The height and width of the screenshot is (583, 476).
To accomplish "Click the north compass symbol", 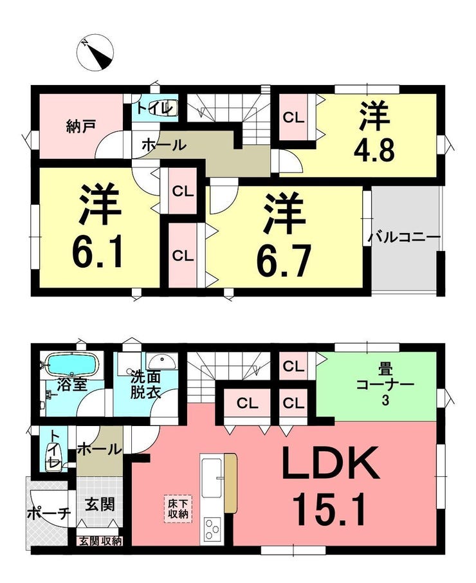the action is pos(95,53).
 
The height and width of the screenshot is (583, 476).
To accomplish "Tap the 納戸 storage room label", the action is pos(81,126).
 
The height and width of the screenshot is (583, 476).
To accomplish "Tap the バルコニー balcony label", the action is pos(405,237).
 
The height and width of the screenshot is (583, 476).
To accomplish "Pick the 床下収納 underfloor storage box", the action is pos(178,508).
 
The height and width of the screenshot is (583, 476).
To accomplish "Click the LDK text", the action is pos(331,463).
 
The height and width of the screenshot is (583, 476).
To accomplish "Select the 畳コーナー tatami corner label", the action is pos(385,384).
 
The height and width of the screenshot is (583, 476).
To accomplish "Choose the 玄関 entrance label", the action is pos(100,504).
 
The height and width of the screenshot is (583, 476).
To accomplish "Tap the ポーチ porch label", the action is pos(49,514).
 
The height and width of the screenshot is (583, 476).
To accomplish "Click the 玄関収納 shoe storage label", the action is pos(100,542).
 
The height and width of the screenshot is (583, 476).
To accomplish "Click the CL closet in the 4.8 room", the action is pos(293,118).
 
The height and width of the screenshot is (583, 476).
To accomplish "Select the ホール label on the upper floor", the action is pos(163,145).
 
